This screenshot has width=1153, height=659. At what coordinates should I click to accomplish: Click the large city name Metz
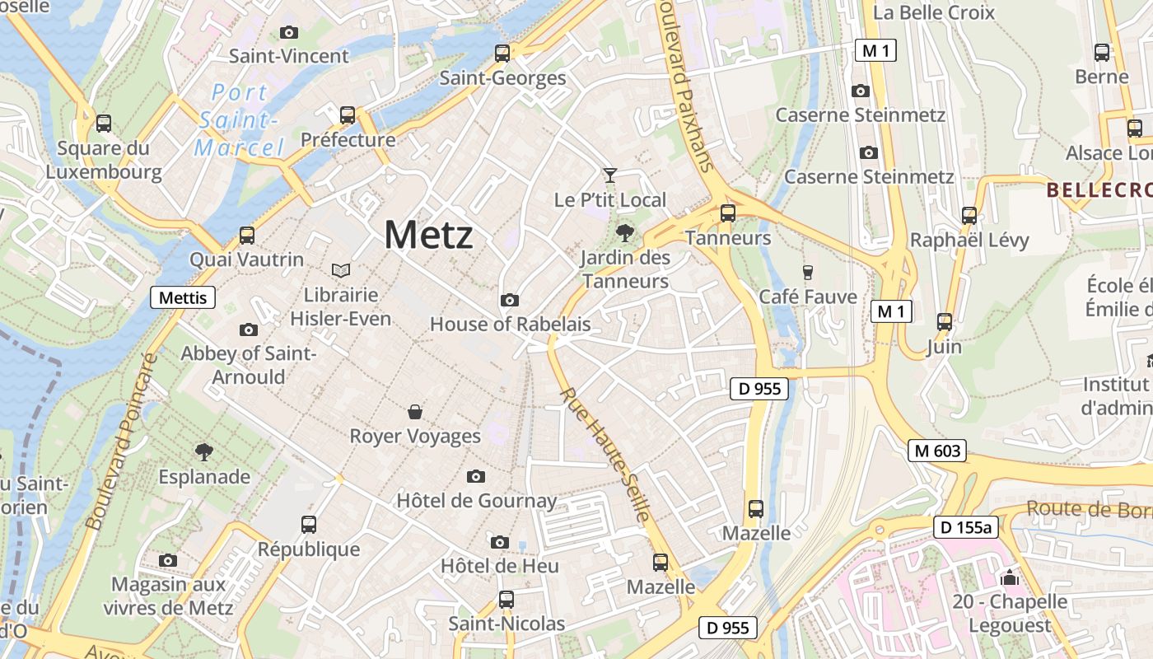point(428,236)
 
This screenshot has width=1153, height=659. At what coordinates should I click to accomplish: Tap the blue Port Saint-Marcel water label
point(238,120)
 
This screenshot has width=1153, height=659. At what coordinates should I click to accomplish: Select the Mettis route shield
point(182,297)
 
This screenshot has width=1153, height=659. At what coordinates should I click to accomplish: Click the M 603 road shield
point(937,451)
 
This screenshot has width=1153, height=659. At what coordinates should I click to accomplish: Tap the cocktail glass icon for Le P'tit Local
point(609,175)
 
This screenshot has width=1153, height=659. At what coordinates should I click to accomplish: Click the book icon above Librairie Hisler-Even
point(340,270)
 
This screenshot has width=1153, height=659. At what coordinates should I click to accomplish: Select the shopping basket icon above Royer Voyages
point(415,411)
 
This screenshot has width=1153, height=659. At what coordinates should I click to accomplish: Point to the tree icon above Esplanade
point(203,451)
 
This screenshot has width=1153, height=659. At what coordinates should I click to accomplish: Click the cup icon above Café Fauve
point(807,272)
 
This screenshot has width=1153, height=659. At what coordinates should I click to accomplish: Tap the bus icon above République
point(309,524)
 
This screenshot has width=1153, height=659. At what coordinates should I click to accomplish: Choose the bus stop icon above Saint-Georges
point(502,54)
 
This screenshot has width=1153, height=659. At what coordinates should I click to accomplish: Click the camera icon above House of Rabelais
point(510,300)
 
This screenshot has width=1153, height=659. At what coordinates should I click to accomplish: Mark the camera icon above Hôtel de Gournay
point(475,476)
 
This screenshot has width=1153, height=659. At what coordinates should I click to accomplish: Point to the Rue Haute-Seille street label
point(606,454)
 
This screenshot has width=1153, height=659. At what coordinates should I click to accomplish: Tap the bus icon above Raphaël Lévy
point(969,216)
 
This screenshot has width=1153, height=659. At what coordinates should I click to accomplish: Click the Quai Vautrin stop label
point(246,259)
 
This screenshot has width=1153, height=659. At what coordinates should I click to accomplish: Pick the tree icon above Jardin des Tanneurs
point(625,233)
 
